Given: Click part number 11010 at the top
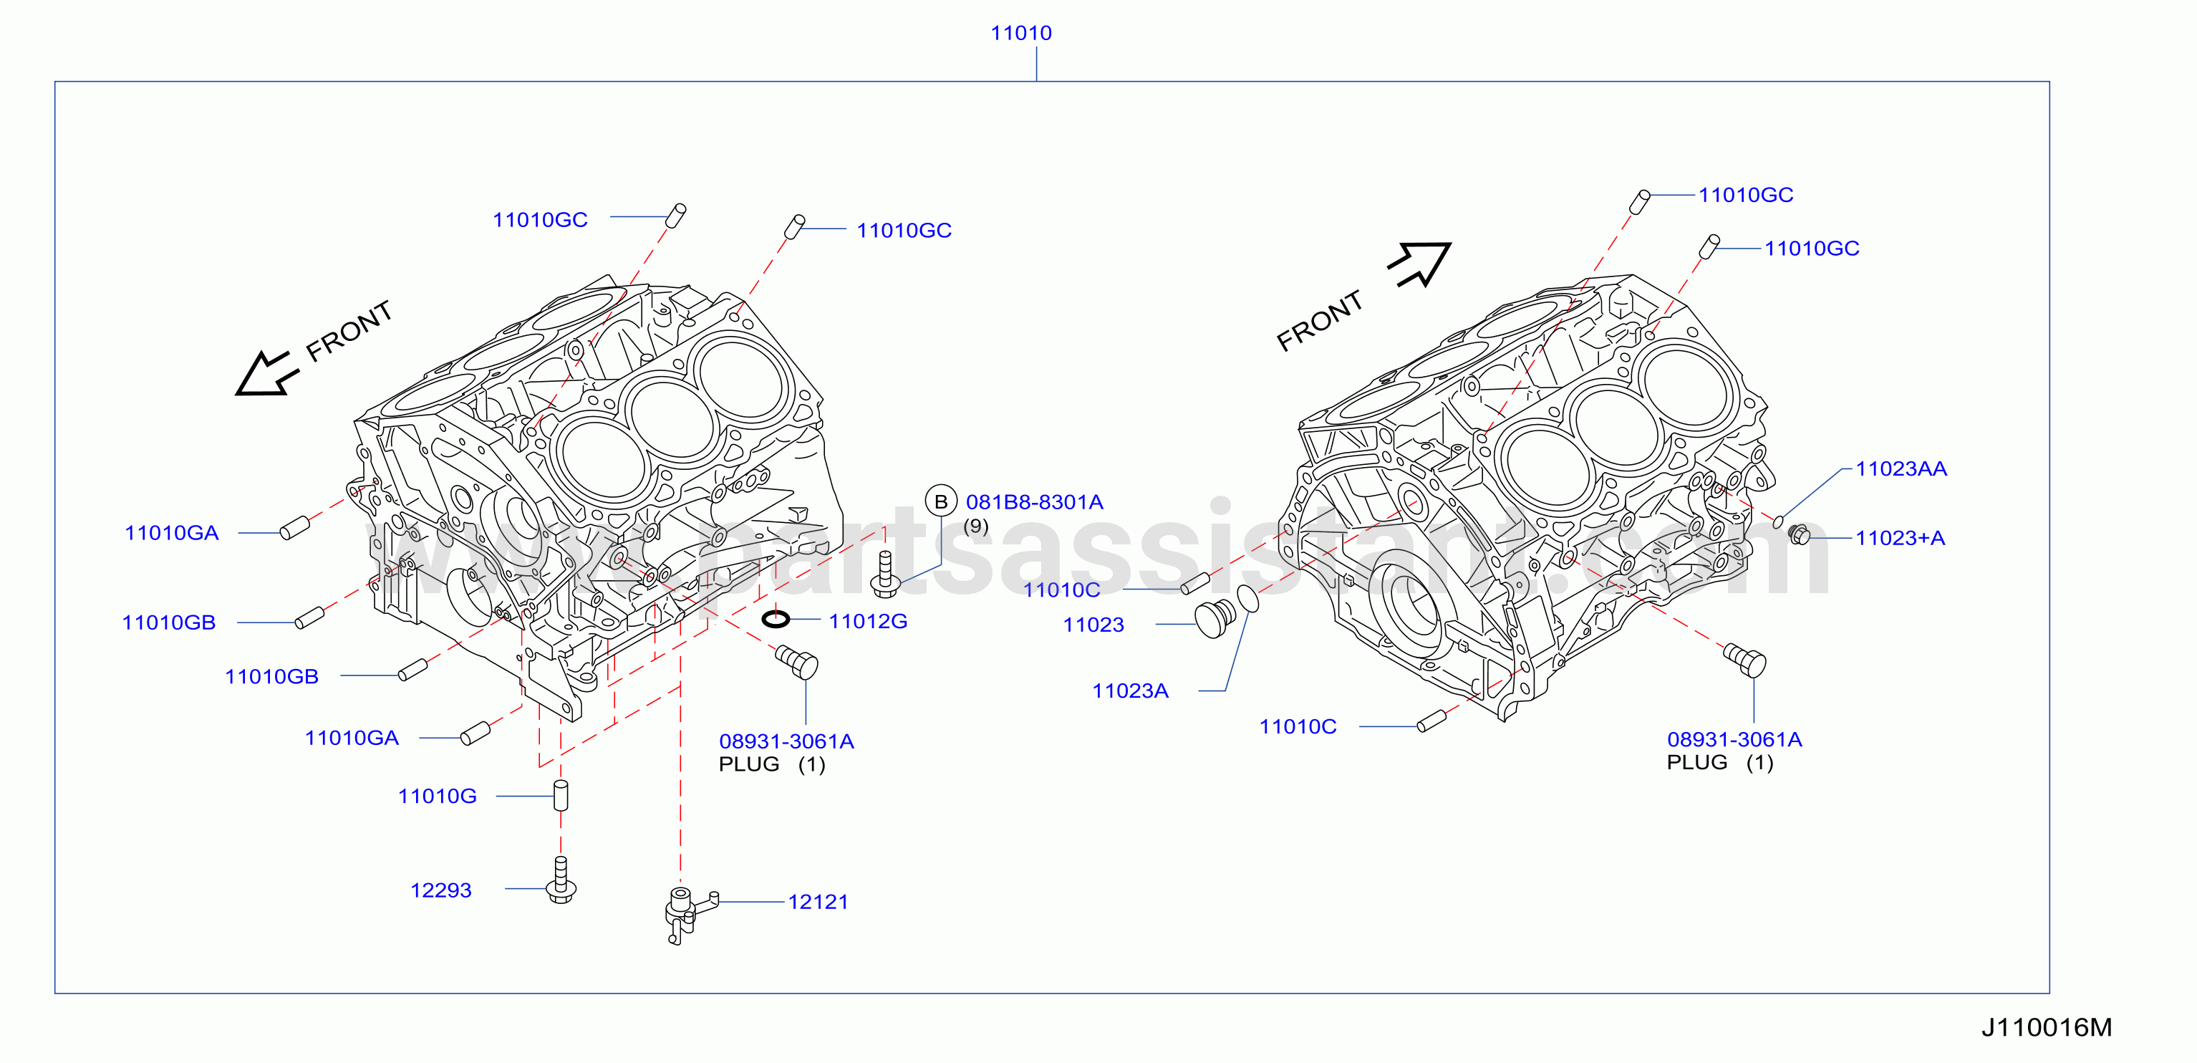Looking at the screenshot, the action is click(1021, 33).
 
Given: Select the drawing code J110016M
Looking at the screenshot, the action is click(2046, 1027).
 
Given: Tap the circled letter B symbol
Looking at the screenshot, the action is click(941, 501).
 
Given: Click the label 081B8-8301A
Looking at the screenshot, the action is click(1035, 503).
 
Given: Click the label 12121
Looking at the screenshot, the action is click(818, 902).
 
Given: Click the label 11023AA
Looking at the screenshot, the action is click(1901, 468).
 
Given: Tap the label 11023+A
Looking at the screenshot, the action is click(1901, 539).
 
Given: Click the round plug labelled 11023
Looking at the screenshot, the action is click(1215, 618).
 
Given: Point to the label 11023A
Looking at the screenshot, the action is click(1130, 691).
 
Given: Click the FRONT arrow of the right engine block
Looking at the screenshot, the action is click(1419, 264).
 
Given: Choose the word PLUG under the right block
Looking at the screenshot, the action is click(1697, 763).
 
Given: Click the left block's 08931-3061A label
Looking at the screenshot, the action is click(786, 741).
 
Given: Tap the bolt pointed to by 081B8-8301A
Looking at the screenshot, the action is click(885, 574).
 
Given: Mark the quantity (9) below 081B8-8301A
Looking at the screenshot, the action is click(975, 526).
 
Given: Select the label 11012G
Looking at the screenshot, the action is click(868, 621).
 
